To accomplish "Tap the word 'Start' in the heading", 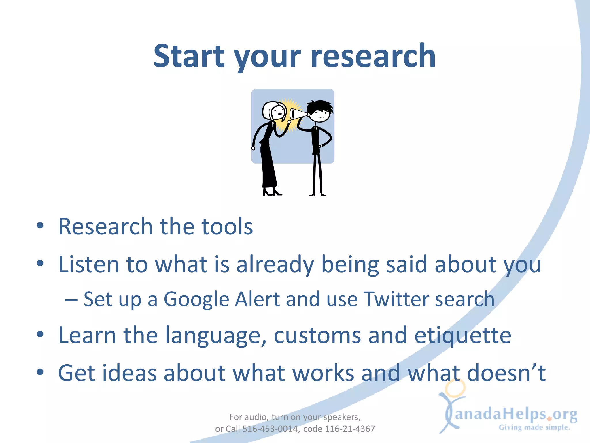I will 189,56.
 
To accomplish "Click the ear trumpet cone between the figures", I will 297,114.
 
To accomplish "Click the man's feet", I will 317,194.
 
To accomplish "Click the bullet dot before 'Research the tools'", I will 40,226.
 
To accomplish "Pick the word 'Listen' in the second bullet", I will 88,264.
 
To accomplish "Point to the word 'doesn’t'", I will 506,373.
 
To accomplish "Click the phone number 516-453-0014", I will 270,429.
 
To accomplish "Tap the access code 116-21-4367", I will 350,429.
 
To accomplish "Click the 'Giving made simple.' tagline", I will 534,427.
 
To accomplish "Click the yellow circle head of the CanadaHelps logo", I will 455,388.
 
